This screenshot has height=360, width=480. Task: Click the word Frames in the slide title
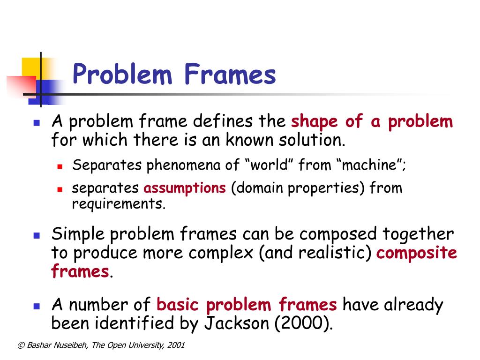click(x=229, y=75)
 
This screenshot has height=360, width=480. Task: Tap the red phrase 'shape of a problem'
click(x=372, y=122)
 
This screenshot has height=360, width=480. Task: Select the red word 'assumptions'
click(x=184, y=188)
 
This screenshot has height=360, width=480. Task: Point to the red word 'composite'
click(x=417, y=253)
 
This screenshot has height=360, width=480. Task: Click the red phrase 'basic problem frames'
click(x=247, y=305)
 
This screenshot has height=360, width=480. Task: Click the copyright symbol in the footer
click(x=20, y=345)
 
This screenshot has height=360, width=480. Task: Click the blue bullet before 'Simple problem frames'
click(x=36, y=235)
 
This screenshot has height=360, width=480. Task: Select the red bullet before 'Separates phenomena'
click(x=60, y=166)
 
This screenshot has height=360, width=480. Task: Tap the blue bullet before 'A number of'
click(x=36, y=307)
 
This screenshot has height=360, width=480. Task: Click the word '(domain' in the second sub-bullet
click(x=257, y=188)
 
